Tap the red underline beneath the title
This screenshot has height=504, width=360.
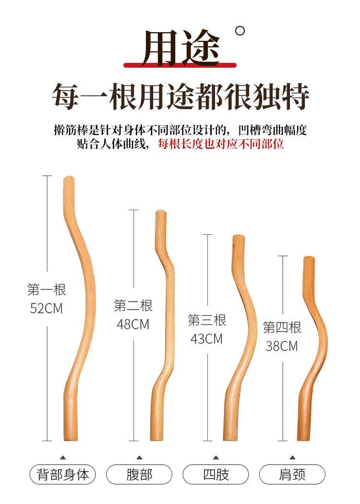tap(180, 65)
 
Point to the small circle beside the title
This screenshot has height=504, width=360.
tap(240, 31)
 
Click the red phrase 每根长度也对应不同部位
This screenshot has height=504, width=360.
tap(221, 144)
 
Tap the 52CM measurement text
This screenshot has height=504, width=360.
tap(47, 308)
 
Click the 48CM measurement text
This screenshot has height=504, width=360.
tap(133, 324)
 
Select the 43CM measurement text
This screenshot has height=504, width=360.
tap(207, 338)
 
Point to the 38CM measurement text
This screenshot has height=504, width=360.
tap(282, 346)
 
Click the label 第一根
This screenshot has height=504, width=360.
tap(47, 290)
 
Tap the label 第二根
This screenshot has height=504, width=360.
tap(133, 305)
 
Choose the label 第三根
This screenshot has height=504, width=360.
tap(207, 320)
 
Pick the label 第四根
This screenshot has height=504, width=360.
tap(282, 328)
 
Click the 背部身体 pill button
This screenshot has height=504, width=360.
tap(63, 475)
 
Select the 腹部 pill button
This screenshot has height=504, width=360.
tap(139, 475)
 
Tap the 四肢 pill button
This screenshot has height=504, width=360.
tap(216, 475)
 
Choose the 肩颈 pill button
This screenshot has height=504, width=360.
tap(292, 475)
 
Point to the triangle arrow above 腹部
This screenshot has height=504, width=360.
tap(139, 457)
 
